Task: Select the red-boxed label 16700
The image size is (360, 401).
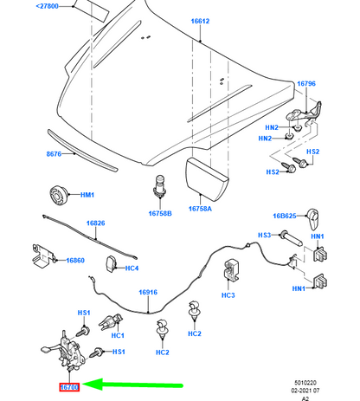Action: click(x=68, y=386)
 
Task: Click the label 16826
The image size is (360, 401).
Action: click(x=95, y=223)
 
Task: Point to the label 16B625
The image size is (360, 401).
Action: click(x=286, y=216)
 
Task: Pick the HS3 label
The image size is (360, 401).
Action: click(x=264, y=235)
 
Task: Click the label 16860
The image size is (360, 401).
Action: click(x=75, y=260)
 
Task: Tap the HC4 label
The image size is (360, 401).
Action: click(x=132, y=268)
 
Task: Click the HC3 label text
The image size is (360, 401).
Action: click(x=228, y=295)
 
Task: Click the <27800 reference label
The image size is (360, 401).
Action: click(x=48, y=5)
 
